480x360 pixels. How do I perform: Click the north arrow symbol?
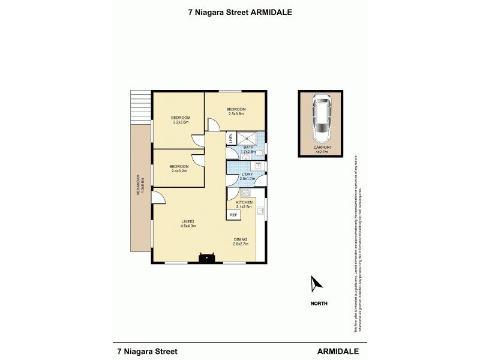pos(315,283)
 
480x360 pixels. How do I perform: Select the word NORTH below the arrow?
pos(319,304)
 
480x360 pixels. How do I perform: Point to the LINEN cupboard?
pos(230,139)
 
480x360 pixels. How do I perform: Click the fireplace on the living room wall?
pos(206,259)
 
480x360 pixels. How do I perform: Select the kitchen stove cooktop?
pos(245,194)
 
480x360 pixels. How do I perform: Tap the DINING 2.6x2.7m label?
pos(241,242)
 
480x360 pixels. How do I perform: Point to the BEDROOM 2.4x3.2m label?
pos(179,169)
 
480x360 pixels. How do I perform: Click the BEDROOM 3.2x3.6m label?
pos(180,119)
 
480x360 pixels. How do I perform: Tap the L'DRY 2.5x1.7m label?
pos(248,176)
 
